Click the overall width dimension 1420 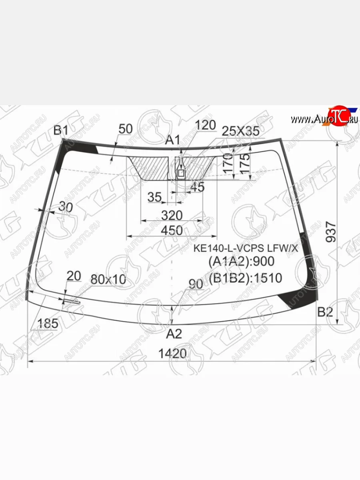[x=173, y=354]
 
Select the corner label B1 [x=61, y=130]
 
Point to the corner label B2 [x=325, y=312]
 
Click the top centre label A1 [x=173, y=140]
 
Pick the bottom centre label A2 [x=174, y=333]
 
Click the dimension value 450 [x=172, y=230]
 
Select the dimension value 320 [x=172, y=216]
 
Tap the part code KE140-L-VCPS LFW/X [x=246, y=248]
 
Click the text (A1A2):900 [x=241, y=262]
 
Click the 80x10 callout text [x=108, y=280]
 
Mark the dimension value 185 [x=48, y=324]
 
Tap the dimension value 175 [x=245, y=162]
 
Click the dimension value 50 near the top [x=126, y=129]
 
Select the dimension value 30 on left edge [x=65, y=207]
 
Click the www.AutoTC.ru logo [x=324, y=118]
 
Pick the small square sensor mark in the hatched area [x=181, y=173]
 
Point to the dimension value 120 [x=206, y=125]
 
